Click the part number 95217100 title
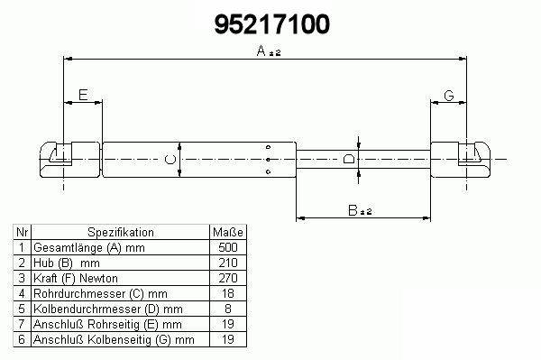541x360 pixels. tap(272, 24)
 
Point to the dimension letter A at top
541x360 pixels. tap(261, 51)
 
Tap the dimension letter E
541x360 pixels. tap(83, 95)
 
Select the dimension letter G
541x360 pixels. tap(448, 96)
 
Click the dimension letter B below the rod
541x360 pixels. tap(353, 210)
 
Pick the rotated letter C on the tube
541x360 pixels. tap(170, 160)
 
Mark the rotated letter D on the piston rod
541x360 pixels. tap(349, 159)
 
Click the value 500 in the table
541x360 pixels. tap(228, 247)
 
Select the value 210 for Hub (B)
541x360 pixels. tap(228, 263)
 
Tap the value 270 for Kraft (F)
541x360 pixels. tap(228, 278)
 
